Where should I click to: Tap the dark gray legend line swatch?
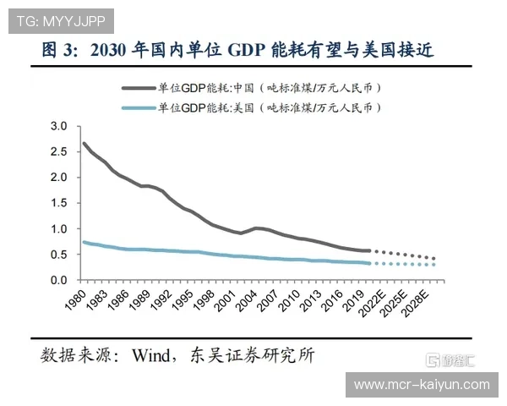pyautogui.click(x=139, y=87)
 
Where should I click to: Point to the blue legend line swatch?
pyautogui.click(x=139, y=107)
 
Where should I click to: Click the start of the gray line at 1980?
pyautogui.click(x=83, y=143)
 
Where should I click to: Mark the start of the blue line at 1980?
pyautogui.click(x=83, y=242)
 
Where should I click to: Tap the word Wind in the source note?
pyautogui.click(x=153, y=355)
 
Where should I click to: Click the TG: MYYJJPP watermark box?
pyautogui.click(x=58, y=19)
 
